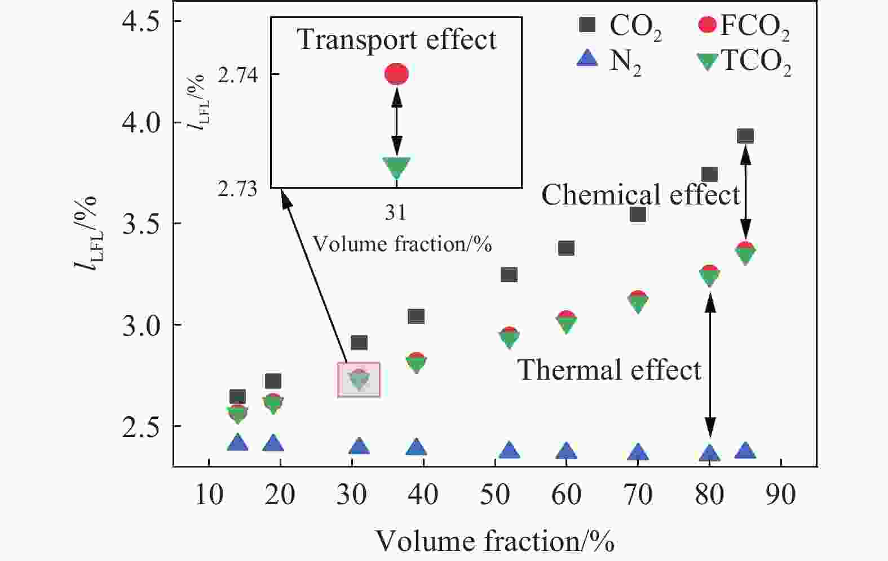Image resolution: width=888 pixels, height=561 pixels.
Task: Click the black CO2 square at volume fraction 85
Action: tap(745, 136)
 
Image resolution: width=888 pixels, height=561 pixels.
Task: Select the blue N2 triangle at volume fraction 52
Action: tap(509, 451)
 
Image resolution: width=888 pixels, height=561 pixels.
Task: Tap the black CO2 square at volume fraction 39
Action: tap(416, 316)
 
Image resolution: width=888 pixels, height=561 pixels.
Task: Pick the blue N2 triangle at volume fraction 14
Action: tap(237, 443)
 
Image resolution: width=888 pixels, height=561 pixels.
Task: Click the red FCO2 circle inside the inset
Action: tap(396, 74)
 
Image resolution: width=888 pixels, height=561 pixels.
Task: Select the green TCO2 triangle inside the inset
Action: tap(396, 167)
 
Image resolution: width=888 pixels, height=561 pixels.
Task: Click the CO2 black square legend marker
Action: tap(587, 25)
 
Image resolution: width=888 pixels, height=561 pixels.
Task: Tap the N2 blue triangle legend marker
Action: tap(587, 59)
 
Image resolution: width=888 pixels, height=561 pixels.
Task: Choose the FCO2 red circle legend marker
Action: tap(707, 25)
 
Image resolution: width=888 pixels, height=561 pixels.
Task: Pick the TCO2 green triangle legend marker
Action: tap(707, 61)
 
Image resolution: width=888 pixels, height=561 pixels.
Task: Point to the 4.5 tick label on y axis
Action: tap(140, 21)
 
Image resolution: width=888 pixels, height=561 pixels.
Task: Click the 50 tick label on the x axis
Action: tap(494, 495)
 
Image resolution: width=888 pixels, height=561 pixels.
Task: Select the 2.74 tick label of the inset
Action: tap(237, 75)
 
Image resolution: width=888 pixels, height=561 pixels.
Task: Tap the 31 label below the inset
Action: tap(396, 212)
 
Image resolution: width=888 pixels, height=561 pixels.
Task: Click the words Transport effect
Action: tap(397, 39)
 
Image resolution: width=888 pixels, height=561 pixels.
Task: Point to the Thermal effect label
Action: tap(609, 370)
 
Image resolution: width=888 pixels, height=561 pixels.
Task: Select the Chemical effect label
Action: tap(640, 195)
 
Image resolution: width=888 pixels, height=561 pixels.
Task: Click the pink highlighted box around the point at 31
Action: tap(359, 380)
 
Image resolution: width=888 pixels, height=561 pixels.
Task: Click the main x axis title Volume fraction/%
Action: tap(494, 541)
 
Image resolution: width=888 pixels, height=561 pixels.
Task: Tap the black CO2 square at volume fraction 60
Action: tap(566, 248)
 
